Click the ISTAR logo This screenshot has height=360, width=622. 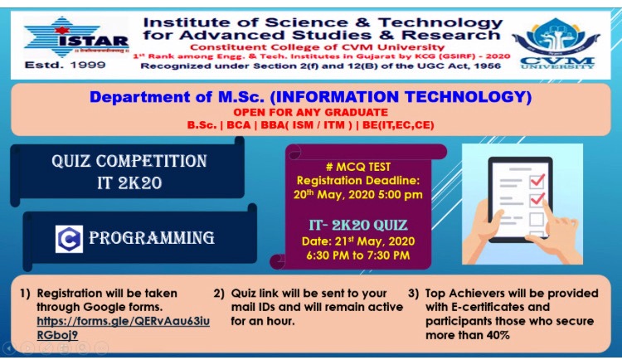76,37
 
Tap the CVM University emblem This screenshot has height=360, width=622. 556,43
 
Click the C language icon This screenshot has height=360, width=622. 69,239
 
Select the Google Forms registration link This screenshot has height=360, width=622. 123,328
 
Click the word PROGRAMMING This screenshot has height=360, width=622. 152,238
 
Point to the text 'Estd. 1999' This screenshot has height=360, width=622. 65,65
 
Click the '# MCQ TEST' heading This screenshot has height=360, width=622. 358,167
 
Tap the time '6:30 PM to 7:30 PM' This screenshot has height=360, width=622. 357,255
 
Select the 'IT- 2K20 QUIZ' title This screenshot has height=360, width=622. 358,225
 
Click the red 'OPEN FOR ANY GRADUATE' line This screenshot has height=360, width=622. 311,112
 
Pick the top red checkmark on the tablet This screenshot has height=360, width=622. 537,181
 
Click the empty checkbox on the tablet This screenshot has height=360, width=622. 537,219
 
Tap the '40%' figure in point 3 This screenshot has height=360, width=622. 498,335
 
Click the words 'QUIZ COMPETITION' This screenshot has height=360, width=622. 129,161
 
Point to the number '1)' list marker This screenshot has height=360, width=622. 25,294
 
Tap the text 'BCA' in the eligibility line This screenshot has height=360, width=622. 238,125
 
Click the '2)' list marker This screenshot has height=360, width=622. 219,294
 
